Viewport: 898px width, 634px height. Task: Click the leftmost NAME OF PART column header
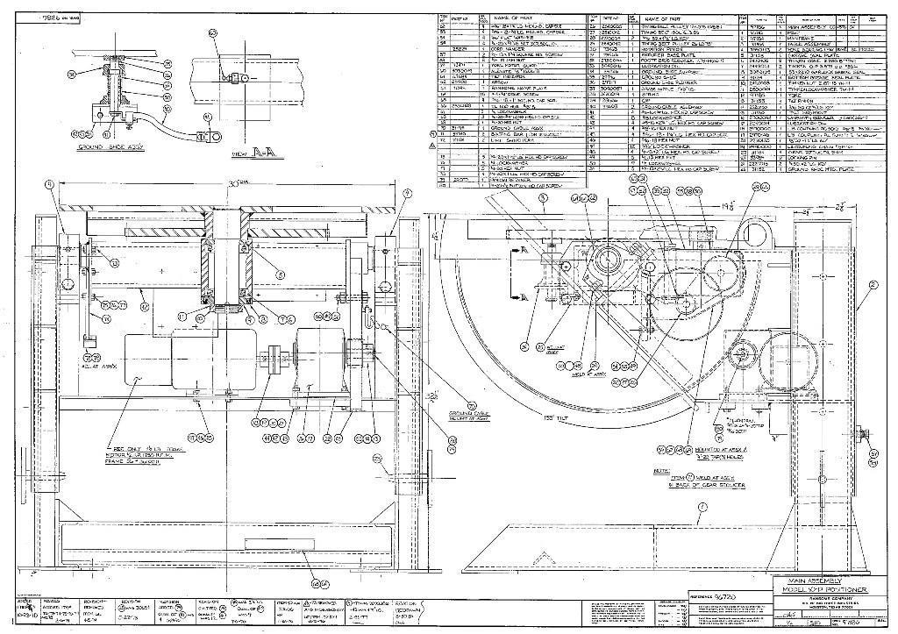click(514, 18)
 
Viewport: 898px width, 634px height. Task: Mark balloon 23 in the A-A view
click(212, 32)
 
